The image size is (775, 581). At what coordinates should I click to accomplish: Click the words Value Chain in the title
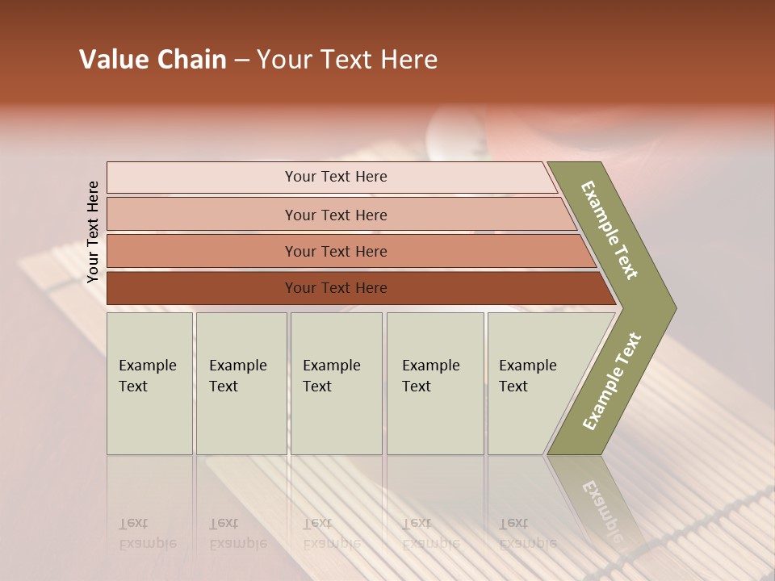(153, 60)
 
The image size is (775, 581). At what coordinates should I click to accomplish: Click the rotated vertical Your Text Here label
(93, 232)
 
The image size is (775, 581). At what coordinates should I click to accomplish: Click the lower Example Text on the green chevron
(612, 382)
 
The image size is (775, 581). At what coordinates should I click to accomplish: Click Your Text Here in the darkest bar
(336, 288)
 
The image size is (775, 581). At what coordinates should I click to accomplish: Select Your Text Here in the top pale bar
(336, 177)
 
